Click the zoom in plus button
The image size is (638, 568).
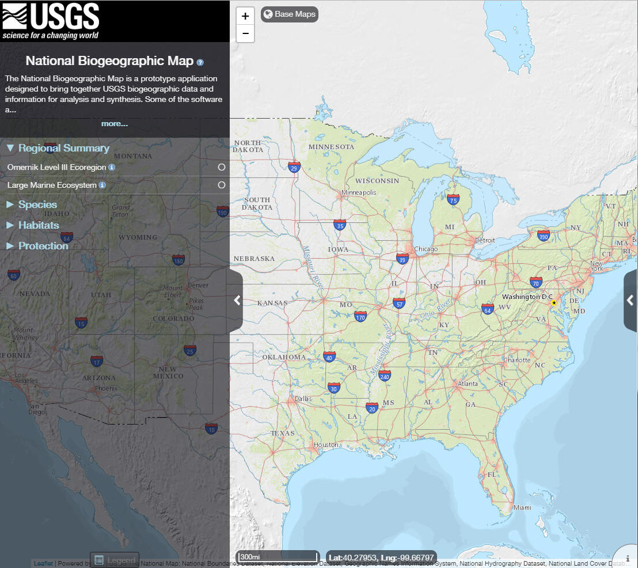tap(245, 16)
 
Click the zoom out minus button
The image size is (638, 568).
tap(245, 34)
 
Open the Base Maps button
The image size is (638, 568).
tap(290, 14)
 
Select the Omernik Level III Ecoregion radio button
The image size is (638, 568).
tap(222, 167)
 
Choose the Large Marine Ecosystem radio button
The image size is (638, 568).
tap(222, 185)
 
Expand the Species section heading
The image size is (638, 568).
tap(37, 205)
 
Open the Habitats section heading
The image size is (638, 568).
tap(39, 225)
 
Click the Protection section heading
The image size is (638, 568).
tap(43, 246)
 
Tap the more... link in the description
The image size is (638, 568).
tap(115, 123)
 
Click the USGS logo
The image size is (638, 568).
tap(51, 21)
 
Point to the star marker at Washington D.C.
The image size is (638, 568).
tap(554, 302)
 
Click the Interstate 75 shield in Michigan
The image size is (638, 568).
tap(453, 199)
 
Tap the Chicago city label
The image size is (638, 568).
tap(426, 249)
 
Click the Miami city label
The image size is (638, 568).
tap(523, 508)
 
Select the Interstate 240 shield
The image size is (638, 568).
tap(385, 376)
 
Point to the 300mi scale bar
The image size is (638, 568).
tap(277, 557)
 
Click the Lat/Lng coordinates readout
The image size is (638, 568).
tap(381, 557)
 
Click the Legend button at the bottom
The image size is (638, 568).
tap(115, 560)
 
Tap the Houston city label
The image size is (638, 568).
tap(326, 445)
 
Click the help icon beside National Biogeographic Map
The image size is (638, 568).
tap(200, 62)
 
